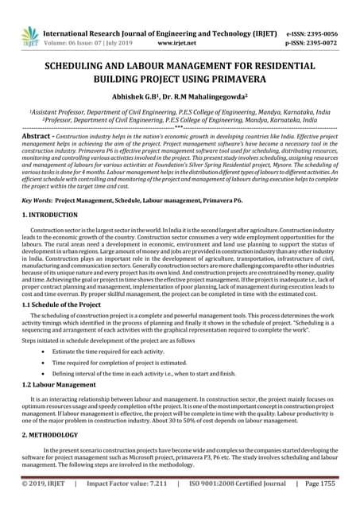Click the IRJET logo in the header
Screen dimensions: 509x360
click(x=30, y=37)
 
